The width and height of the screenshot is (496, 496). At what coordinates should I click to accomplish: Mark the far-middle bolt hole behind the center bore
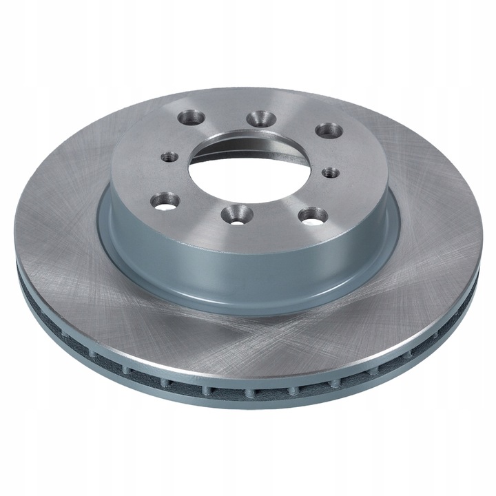pyautogui.click(x=259, y=117)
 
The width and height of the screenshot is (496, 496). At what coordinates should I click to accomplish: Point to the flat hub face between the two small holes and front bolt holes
pyautogui.click(x=207, y=186)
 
